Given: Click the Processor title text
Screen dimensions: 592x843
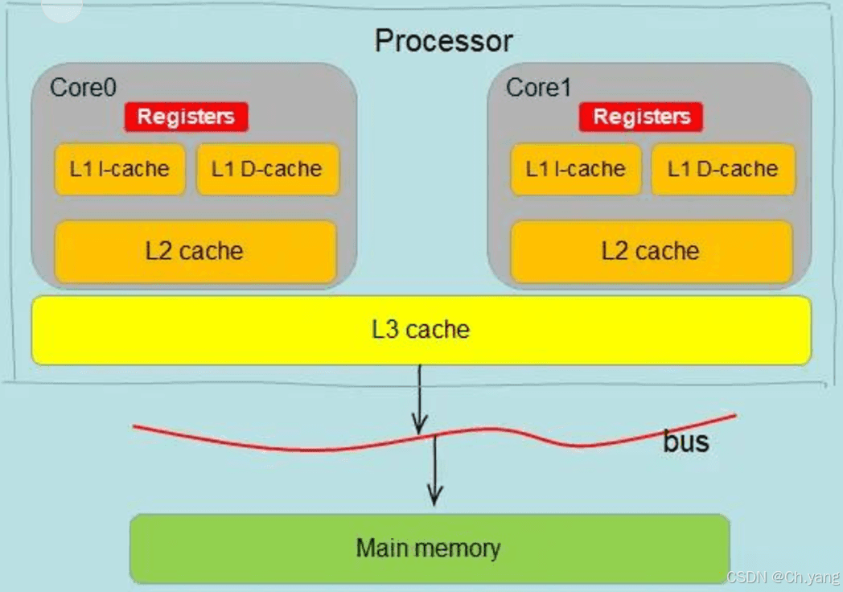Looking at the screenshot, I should tap(443, 40).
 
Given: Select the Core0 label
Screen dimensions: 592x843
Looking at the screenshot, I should tap(84, 87).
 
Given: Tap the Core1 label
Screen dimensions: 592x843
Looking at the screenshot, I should tap(538, 87).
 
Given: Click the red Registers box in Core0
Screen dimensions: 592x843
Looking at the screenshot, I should tap(186, 117).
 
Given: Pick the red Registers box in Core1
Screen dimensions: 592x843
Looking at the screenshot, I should tap(641, 117).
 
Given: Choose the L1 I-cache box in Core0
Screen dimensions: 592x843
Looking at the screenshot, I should tap(120, 169).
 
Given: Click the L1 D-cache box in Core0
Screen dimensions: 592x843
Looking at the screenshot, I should tap(267, 169).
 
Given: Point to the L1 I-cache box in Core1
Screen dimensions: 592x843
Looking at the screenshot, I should tap(575, 169).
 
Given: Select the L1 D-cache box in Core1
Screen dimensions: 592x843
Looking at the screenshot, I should tap(723, 169).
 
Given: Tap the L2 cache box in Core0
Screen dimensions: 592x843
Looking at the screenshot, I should tap(195, 251).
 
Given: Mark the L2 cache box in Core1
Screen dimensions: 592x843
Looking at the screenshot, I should tap(651, 251).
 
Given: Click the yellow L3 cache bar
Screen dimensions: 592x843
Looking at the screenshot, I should tap(421, 330).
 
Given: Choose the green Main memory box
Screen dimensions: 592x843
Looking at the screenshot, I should tap(429, 549).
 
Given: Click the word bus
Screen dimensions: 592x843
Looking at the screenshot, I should tap(686, 442).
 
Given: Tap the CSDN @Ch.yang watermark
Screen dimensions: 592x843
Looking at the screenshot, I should tap(781, 578).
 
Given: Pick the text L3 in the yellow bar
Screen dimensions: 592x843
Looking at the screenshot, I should tap(384, 330).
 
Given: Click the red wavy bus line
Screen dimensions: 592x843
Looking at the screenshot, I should tap(241, 443).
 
